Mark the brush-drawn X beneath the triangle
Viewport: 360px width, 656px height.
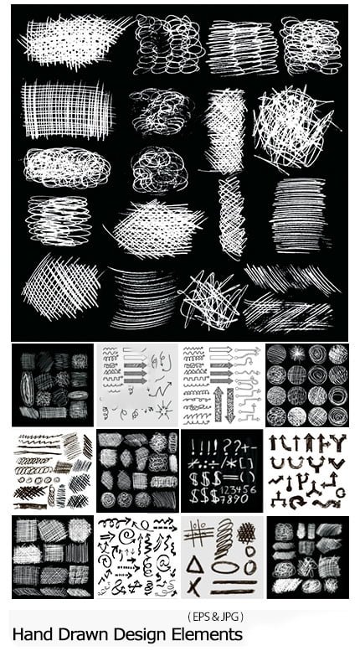(x=197, y=586)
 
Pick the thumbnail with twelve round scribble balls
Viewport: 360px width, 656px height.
(x=306, y=385)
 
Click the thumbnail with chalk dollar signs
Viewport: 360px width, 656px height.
(x=221, y=471)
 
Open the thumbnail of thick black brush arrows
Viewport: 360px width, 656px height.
(x=306, y=471)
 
